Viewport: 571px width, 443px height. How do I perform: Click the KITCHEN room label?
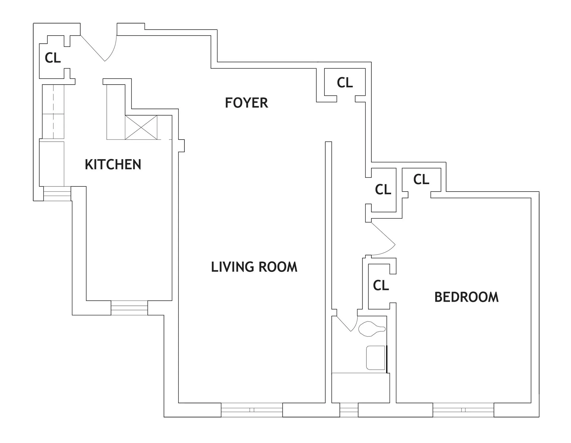113,164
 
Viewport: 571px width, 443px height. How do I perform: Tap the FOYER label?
247,103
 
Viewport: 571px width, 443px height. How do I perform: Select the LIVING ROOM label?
254,267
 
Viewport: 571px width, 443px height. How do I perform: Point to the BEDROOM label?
467,297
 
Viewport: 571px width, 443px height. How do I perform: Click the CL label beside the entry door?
53,58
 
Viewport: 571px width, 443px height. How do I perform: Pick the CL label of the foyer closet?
345,83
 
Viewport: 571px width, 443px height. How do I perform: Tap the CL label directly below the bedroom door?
381,285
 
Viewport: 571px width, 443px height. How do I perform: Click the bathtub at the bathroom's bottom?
360,388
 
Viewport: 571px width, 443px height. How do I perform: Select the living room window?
252,410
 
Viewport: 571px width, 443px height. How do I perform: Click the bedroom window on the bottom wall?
463,410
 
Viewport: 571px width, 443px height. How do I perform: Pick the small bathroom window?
349,410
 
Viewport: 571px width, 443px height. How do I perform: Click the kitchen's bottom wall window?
129,308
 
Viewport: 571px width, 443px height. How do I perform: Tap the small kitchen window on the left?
57,194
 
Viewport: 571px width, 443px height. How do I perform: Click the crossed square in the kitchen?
141,127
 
